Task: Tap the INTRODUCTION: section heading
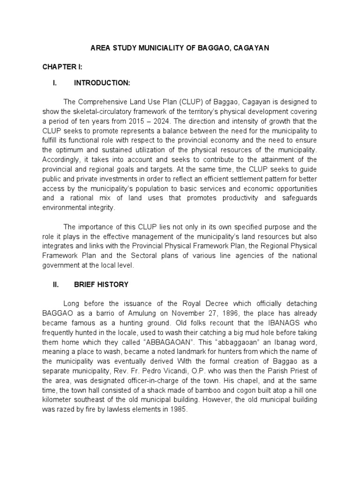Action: [102, 83]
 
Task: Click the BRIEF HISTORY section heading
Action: [101, 285]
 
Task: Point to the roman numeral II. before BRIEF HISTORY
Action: [57, 285]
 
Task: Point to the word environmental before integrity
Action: [64, 208]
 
